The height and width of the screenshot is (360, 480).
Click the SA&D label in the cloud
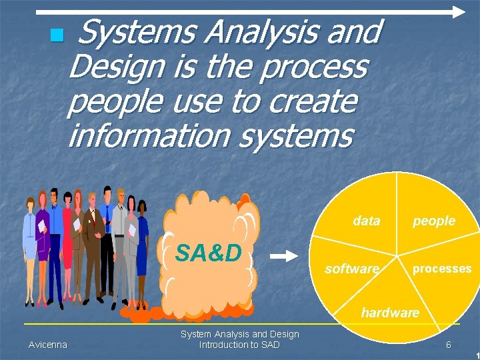click(x=207, y=253)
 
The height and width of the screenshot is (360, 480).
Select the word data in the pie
click(x=366, y=221)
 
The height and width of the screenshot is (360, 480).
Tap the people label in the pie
click(x=433, y=221)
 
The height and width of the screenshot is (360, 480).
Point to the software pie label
click(x=351, y=269)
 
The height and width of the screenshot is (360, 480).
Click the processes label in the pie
click(x=441, y=269)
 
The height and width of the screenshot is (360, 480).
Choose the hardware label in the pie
click(x=390, y=312)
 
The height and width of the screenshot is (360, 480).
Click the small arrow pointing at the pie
click(x=287, y=256)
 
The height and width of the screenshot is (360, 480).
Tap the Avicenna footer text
click(x=48, y=345)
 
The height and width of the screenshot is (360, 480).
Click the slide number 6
click(x=449, y=345)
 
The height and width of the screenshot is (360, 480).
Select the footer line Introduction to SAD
click(x=239, y=345)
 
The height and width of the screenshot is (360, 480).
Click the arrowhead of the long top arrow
click(x=458, y=11)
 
